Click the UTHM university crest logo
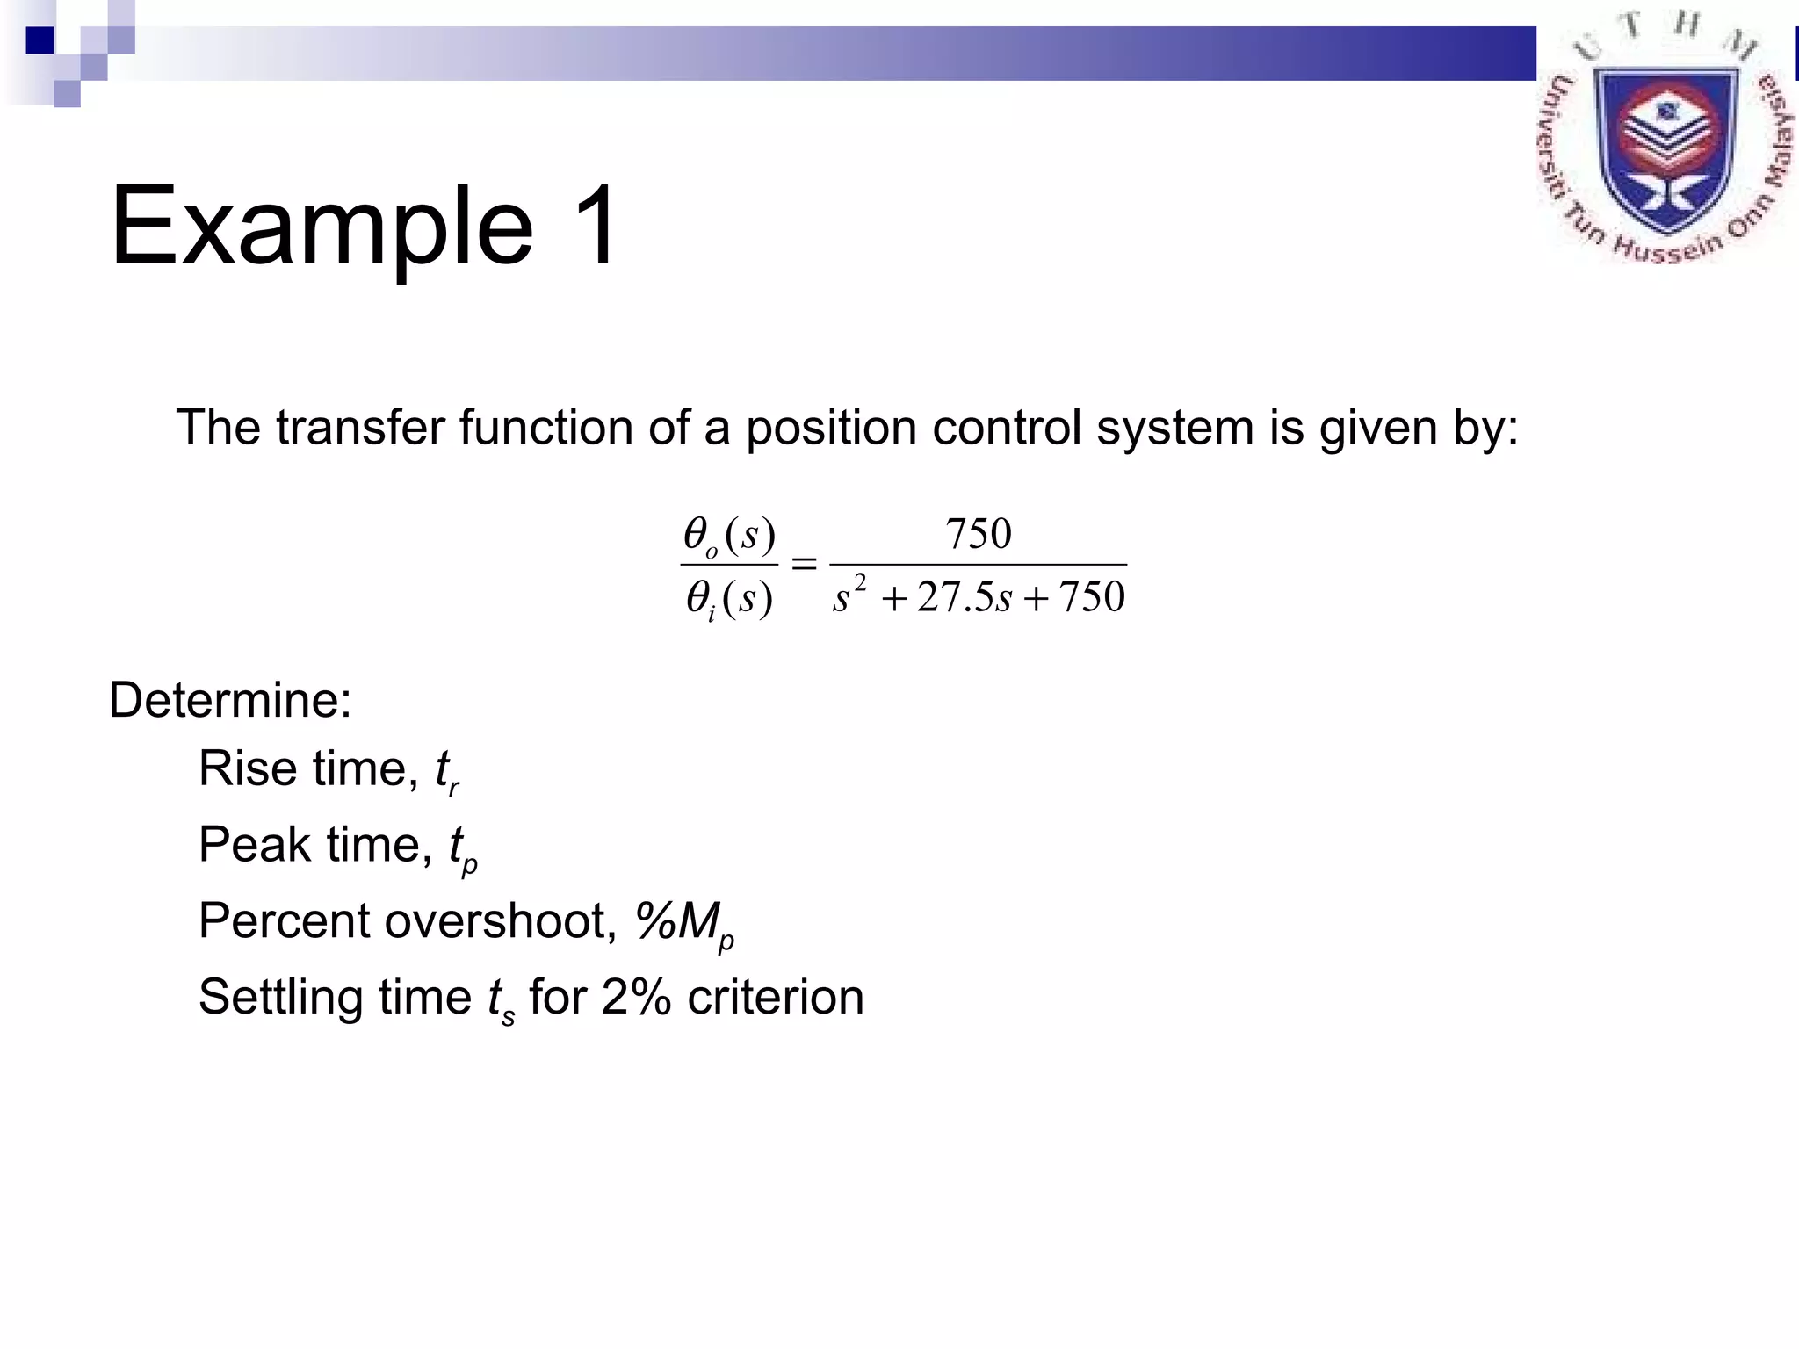(1665, 141)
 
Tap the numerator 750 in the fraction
(978, 533)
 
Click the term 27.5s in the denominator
(964, 597)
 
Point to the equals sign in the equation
(804, 564)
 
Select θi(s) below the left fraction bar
(729, 599)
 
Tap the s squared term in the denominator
(849, 595)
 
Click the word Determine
(230, 700)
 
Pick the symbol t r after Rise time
(447, 772)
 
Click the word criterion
(776, 998)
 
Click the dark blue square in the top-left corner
(40, 40)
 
